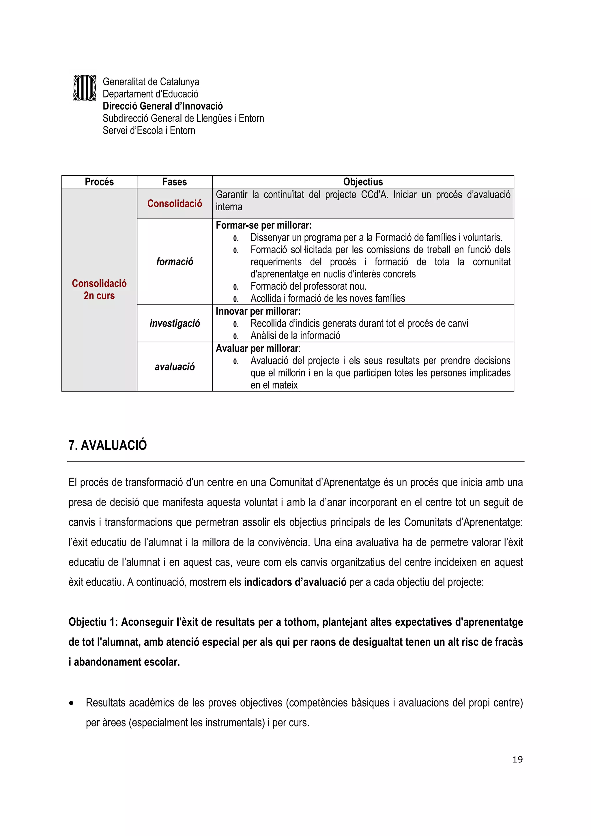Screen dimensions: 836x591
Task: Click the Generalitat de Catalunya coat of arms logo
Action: click(85, 88)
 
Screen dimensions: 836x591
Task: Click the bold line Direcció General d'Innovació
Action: click(162, 106)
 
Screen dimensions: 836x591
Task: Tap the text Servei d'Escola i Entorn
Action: click(149, 130)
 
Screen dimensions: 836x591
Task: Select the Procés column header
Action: click(99, 182)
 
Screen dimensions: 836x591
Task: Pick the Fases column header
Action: click(174, 182)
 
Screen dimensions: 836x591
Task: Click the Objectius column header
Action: click(363, 182)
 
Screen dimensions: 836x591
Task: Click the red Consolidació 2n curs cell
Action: click(99, 289)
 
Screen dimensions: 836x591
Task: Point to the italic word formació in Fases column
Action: click(174, 261)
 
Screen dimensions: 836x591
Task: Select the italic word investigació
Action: click(174, 323)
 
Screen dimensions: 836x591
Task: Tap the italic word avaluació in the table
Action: click(174, 367)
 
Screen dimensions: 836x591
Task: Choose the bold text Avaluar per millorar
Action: click(257, 348)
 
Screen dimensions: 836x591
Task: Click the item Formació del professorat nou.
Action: click(308, 286)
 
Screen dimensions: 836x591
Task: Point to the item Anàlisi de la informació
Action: click(295, 335)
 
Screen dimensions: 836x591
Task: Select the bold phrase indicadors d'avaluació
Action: click(295, 582)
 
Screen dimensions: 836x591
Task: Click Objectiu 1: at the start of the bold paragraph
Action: click(93, 622)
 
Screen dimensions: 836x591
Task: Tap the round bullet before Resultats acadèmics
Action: click(71, 703)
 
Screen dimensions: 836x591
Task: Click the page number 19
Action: click(517, 759)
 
